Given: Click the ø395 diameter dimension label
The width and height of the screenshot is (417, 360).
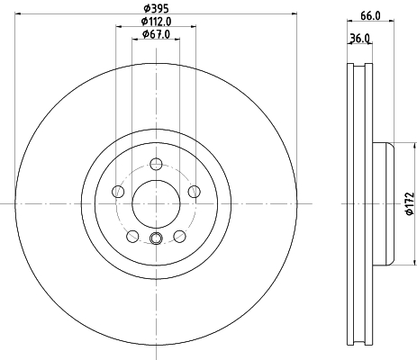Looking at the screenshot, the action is pyautogui.click(x=156, y=8).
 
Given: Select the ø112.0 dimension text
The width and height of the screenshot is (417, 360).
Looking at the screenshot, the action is pyautogui.click(x=156, y=22).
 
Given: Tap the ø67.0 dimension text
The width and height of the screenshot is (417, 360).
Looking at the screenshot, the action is pyautogui.click(x=156, y=34).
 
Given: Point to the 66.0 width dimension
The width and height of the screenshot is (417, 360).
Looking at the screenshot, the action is pyautogui.click(x=370, y=15).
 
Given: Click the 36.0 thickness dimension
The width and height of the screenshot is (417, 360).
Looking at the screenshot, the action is pyautogui.click(x=359, y=39).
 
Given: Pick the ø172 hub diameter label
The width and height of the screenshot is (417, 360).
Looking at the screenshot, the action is pyautogui.click(x=410, y=203).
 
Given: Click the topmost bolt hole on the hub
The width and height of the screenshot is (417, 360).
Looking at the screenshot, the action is pyautogui.click(x=156, y=164).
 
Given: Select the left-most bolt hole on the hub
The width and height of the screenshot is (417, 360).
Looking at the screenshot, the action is pyautogui.click(x=118, y=192).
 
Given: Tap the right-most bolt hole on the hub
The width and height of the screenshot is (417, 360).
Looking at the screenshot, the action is pyautogui.click(x=195, y=192).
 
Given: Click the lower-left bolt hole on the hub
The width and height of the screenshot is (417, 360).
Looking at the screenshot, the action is pyautogui.click(x=132, y=237).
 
